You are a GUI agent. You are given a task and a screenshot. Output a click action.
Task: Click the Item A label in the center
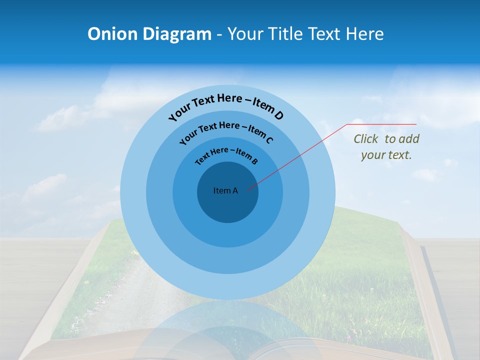225,190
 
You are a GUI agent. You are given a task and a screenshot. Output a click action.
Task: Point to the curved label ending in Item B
226,155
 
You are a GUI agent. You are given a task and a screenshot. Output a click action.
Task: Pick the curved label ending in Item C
226,132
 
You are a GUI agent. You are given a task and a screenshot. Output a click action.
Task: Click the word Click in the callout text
366,139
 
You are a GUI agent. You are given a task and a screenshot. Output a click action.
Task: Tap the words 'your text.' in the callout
386,155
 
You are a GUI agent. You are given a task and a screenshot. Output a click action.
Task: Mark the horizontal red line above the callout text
382,124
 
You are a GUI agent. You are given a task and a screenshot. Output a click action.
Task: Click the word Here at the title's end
363,34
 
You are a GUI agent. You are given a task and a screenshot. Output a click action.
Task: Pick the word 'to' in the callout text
390,139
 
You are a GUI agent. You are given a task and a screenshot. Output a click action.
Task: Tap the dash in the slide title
219,34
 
